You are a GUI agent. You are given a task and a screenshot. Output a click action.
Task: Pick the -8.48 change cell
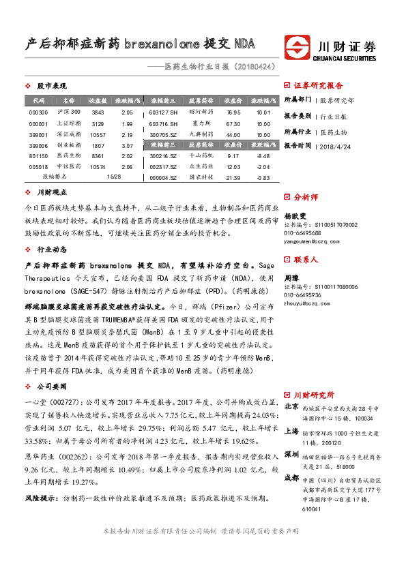point(263,156)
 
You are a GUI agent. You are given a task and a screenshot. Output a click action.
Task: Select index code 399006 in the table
point(39,146)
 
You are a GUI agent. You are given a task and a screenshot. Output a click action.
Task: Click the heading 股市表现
point(51,87)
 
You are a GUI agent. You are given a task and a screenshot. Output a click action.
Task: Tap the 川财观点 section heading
point(51,193)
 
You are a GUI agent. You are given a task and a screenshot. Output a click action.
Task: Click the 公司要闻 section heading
point(51,386)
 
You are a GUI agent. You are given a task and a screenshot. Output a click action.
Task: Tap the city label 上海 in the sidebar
point(291,431)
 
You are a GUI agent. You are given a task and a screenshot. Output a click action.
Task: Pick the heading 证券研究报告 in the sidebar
point(319,86)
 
